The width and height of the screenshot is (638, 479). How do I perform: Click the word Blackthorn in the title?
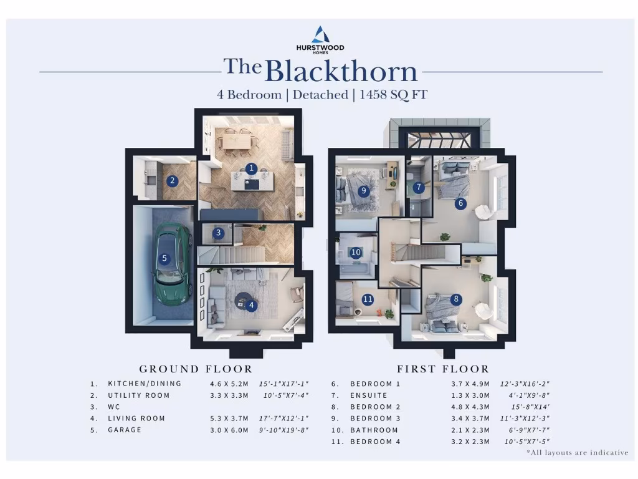[x=341, y=71]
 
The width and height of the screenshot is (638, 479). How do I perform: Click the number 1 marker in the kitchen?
[x=251, y=168]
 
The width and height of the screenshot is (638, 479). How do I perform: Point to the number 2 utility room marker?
[x=173, y=181]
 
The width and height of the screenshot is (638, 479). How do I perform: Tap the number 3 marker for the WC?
[x=217, y=233]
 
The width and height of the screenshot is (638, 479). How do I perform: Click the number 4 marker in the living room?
[x=251, y=305]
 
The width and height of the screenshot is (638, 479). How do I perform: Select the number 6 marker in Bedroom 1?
[x=460, y=203]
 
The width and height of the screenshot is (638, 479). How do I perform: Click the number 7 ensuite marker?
[x=419, y=187]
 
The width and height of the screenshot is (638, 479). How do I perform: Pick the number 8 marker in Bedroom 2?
[x=457, y=299]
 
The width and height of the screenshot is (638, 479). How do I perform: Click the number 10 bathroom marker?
[x=356, y=253]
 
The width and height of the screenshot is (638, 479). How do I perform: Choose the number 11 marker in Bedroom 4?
[x=368, y=299]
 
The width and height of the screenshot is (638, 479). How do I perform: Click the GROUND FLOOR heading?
[x=196, y=369]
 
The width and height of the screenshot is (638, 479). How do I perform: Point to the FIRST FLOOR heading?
[x=443, y=369]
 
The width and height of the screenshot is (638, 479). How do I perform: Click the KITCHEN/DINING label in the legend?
[x=145, y=384]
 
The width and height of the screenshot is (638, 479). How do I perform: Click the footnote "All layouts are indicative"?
[x=577, y=452]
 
